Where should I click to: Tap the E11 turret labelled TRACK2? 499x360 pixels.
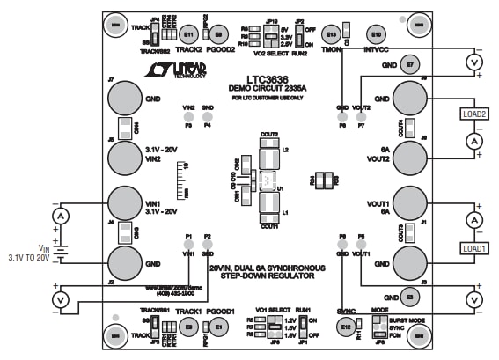click(189, 34)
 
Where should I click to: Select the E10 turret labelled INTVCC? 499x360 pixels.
click(376, 34)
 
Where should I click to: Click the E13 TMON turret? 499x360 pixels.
click(330, 34)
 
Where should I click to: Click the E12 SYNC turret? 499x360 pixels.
click(347, 327)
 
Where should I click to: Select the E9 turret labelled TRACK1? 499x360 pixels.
click(189, 327)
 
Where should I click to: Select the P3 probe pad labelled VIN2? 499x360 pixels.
click(187, 115)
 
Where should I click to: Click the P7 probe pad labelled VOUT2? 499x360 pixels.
click(361, 115)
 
